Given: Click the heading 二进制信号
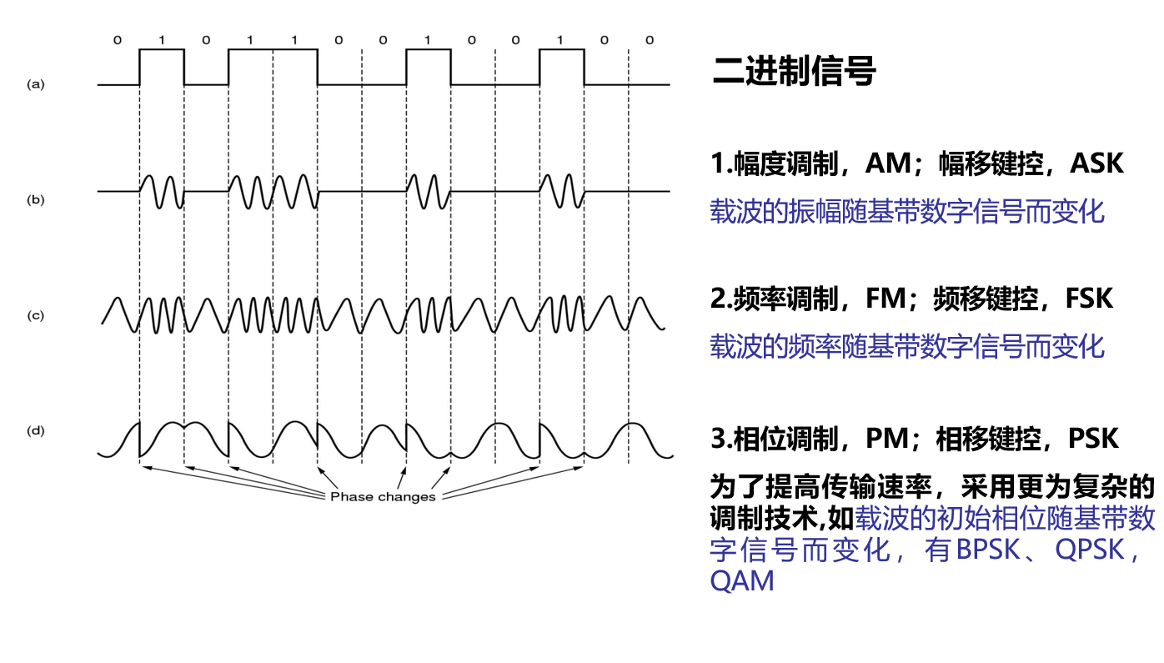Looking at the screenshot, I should (794, 72).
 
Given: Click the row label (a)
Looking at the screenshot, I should (35, 83).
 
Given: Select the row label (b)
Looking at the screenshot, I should (35, 199).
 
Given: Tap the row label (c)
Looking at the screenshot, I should (35, 315).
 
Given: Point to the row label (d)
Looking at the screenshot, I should (35, 430).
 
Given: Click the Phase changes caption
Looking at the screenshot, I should (383, 497).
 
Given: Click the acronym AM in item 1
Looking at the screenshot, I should (888, 163).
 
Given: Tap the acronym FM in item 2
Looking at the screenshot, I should (885, 298).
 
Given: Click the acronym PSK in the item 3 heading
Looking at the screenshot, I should (1093, 438).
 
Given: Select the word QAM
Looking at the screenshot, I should (742, 580).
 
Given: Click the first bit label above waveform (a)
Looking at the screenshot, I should (118, 40).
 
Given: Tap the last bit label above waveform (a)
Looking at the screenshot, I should (650, 40).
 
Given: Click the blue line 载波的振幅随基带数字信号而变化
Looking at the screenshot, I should (907, 211).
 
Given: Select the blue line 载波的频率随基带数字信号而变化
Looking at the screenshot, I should (907, 345).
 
